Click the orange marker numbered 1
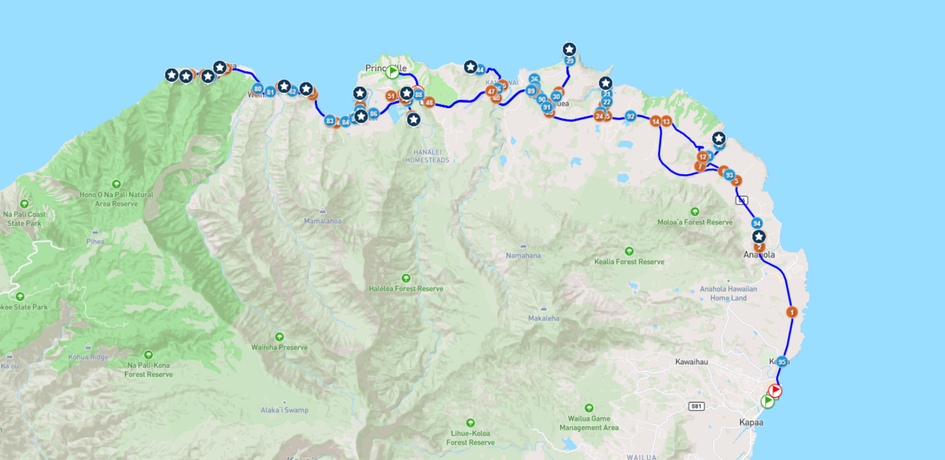792,312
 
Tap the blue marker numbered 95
782,362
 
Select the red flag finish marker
775,391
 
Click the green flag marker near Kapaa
767,401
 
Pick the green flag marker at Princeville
392,72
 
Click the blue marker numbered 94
757,223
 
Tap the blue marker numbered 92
631,116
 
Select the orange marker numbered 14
656,121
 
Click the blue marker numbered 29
570,60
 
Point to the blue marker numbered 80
257,89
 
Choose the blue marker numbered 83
329,121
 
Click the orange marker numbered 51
391,96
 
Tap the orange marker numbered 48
429,102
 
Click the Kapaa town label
751,422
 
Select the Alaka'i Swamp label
284,410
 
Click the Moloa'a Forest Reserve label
695,222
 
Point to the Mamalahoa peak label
323,221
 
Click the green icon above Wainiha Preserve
279,337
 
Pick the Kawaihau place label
692,362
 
